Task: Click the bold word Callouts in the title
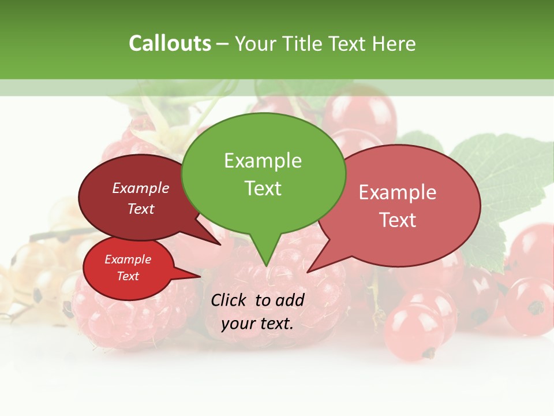pos(170,43)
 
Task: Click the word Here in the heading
pos(395,43)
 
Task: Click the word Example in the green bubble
pos(263,161)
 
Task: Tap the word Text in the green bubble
pos(263,188)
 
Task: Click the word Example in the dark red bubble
pos(140,188)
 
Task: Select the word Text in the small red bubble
pos(128,276)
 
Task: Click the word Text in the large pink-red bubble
pos(398,220)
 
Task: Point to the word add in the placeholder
pos(290,300)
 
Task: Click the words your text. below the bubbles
pos(257,324)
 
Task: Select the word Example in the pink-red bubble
pos(398,192)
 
